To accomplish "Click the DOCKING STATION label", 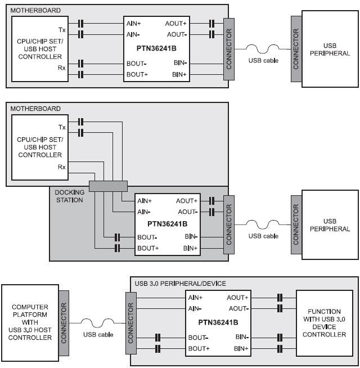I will pos(69,196).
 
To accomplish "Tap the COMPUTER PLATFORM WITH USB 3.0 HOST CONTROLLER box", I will pos(30,322).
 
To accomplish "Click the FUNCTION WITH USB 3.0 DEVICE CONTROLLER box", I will pos(323,322).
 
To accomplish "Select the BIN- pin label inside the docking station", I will pos(190,237).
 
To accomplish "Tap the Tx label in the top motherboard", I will pos(61,29).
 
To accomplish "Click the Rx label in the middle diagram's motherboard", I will pos(61,166).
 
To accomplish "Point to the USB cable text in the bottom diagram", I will pos(98,335).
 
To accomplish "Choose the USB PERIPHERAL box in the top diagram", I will pos(330,50).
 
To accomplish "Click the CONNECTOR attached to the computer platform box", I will pos(64,322).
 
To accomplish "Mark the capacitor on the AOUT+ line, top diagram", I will pos(211,24).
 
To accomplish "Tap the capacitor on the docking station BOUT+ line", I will pos(118,248).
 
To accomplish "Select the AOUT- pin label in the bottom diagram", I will pos(237,308).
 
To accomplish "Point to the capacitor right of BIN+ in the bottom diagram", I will pos(278,349).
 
